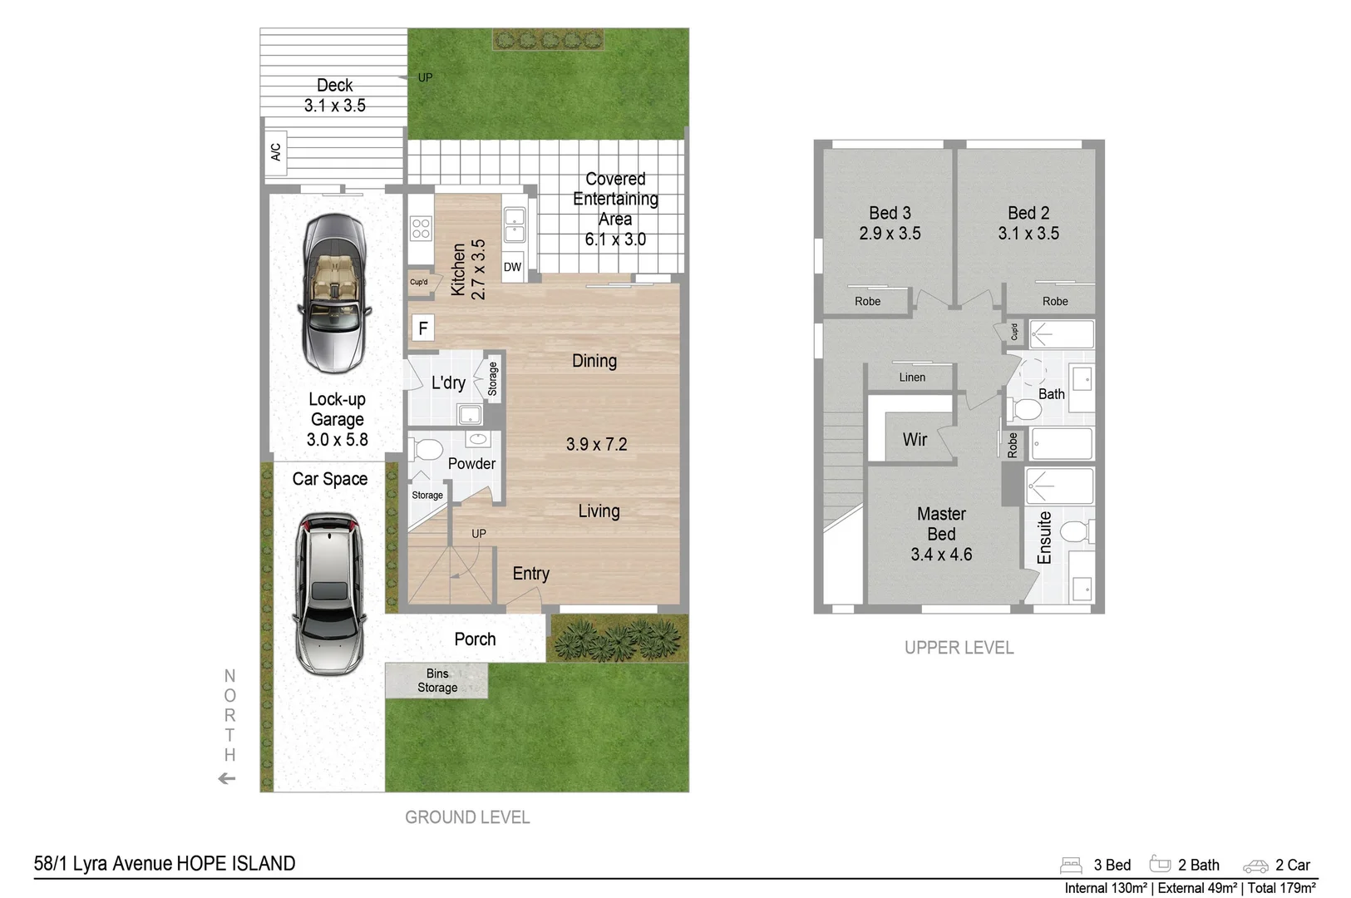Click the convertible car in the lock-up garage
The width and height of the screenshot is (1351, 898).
[x=333, y=293]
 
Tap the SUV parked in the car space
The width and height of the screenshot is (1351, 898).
[x=328, y=593]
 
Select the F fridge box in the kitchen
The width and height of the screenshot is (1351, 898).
[x=422, y=328]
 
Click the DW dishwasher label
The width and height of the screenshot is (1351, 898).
[x=512, y=267]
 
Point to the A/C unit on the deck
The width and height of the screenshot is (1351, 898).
[x=276, y=152]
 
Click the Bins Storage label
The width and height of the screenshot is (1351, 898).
[x=437, y=681]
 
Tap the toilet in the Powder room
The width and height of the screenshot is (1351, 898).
[x=427, y=450]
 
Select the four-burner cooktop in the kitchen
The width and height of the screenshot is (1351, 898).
[x=421, y=228]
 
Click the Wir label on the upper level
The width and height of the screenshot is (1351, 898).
[x=915, y=439]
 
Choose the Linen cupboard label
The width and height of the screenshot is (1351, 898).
[x=912, y=377]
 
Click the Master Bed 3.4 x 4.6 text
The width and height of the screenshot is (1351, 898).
[x=941, y=534]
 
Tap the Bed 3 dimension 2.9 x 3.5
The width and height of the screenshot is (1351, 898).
[x=890, y=234]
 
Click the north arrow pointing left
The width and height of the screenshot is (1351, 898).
[x=226, y=779]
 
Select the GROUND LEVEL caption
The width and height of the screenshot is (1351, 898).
[x=467, y=817]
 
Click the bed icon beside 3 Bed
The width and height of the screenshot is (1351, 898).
[x=1071, y=866]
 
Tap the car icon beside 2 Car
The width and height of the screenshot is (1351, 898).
[x=1255, y=866]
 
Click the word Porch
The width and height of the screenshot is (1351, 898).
[x=475, y=639]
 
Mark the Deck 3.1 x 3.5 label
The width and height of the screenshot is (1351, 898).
[x=334, y=96]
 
